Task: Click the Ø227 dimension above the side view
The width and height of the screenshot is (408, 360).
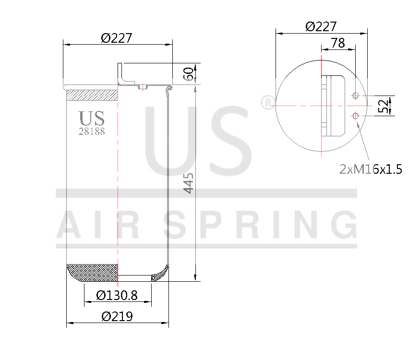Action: tap(117, 38)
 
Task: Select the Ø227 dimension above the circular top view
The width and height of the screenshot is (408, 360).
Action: tap(321, 26)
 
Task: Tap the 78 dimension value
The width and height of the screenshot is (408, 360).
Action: tap(337, 43)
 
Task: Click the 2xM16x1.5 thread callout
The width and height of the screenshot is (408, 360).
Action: tap(370, 169)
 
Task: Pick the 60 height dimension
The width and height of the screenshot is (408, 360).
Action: tap(189, 74)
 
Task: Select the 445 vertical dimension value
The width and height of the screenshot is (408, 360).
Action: tap(189, 183)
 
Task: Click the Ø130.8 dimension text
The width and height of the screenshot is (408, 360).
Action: tap(117, 296)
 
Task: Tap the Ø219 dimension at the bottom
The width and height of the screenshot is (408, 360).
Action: tap(117, 317)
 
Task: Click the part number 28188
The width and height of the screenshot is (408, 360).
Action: tap(92, 131)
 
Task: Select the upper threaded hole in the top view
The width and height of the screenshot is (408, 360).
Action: tap(355, 96)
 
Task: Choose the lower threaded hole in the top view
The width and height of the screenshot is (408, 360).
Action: tap(355, 115)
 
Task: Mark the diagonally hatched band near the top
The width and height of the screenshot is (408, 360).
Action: tap(92, 95)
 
